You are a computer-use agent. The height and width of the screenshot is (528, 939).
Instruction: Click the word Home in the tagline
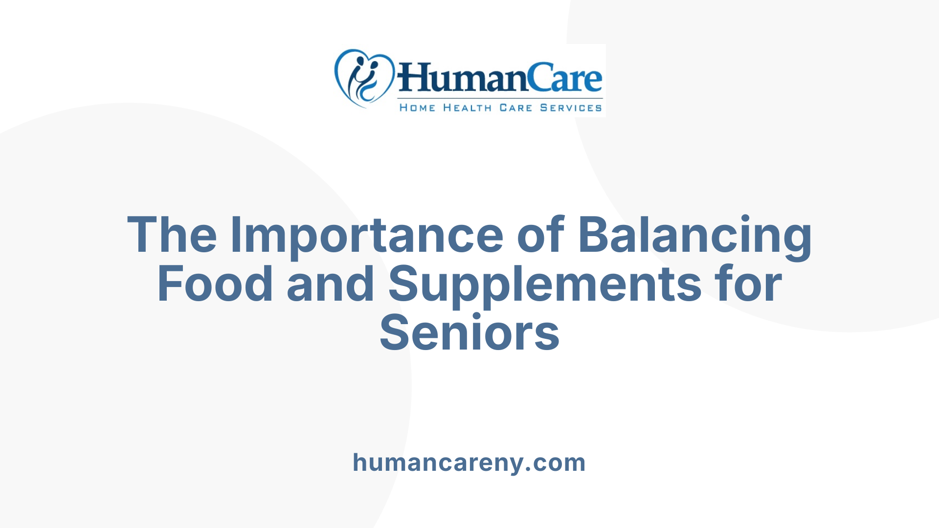tap(417, 108)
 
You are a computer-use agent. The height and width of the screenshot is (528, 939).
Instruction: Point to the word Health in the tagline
tap(468, 108)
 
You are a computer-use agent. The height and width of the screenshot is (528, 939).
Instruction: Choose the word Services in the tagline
tap(571, 108)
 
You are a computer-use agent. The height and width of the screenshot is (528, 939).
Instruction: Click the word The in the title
tap(172, 235)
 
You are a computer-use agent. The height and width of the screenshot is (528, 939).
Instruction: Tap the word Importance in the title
tap(367, 236)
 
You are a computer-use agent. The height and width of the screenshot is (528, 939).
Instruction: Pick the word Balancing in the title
tap(695, 236)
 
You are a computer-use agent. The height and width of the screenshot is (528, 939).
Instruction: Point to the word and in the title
tap(331, 284)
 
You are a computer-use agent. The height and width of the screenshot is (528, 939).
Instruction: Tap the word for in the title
tap(748, 284)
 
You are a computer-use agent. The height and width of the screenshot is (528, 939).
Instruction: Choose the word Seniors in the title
tap(469, 333)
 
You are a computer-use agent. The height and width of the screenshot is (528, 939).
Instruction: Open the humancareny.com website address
tap(469, 462)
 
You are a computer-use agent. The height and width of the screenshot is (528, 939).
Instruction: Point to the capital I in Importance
tap(236, 235)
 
